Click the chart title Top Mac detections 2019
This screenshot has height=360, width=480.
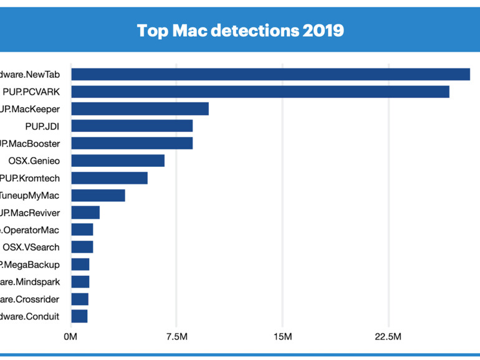tap(240, 30)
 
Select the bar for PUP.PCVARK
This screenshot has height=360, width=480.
tap(260, 92)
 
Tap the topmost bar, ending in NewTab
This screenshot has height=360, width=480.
tap(270, 74)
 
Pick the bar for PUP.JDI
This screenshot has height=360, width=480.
tap(132, 126)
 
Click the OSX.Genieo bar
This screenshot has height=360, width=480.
tap(117, 161)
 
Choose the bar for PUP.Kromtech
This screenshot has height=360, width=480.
tap(109, 178)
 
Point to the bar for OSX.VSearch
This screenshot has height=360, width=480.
tap(82, 247)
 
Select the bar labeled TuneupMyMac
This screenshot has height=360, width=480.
tap(98, 196)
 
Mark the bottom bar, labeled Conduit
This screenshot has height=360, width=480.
tap(79, 316)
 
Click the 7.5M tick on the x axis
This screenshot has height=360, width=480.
tap(177, 337)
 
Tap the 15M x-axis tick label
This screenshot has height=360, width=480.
tap(282, 337)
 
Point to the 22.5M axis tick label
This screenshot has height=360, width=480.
tap(388, 337)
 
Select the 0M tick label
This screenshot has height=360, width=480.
tap(70, 337)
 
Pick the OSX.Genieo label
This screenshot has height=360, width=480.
tap(34, 161)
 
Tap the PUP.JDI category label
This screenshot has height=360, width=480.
tap(47, 126)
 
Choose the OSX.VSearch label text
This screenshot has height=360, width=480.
tap(31, 247)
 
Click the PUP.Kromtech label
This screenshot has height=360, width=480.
tap(31, 178)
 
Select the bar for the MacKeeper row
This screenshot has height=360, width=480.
tap(140, 109)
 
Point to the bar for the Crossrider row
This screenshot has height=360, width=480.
tap(80, 299)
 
